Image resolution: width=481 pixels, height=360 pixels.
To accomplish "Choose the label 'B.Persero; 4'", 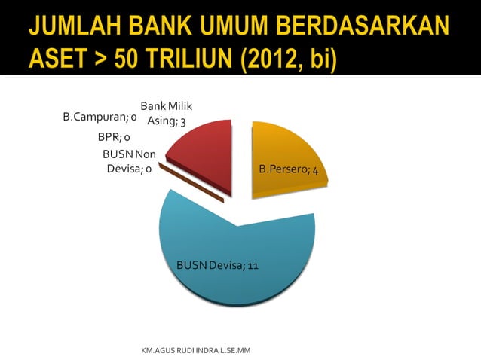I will tap(288, 170).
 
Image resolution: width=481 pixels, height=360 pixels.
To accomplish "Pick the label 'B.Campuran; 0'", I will tap(99, 117).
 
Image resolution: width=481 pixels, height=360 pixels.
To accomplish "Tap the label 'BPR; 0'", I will tap(114, 137).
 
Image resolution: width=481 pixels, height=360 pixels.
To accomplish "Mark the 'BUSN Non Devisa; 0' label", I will tap(129, 161).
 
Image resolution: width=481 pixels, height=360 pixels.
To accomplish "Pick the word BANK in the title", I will tap(163, 28).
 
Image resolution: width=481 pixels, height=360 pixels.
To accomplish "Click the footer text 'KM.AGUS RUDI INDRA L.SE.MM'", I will tap(195, 352).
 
